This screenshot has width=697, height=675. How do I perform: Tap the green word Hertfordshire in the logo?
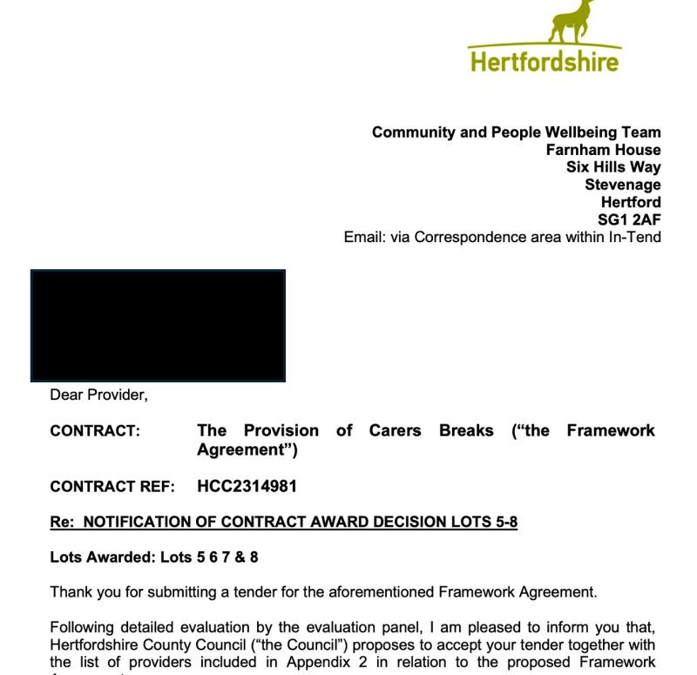(545, 61)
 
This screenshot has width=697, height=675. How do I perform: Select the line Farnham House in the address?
(603, 150)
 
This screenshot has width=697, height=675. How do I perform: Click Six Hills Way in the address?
(613, 167)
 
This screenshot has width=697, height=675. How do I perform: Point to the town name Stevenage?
(622, 185)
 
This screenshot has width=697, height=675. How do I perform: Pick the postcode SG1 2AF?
(628, 219)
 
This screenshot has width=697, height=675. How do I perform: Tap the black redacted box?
(158, 326)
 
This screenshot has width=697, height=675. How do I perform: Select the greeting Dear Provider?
(98, 395)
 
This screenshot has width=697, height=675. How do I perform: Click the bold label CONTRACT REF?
(112, 486)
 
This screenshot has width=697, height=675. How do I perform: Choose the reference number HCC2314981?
(247, 486)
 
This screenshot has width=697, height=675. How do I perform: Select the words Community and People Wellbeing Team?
(516, 132)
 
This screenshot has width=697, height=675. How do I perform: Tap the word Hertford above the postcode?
(630, 202)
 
